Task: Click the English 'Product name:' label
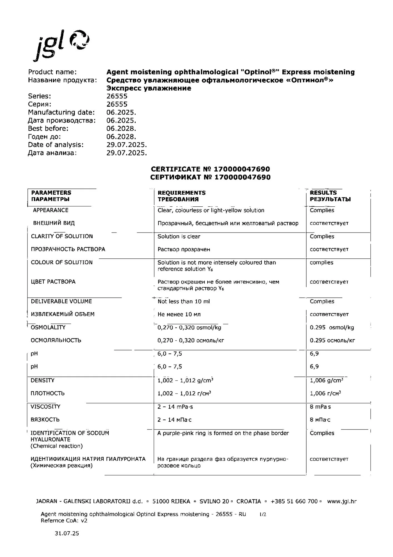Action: click(52, 72)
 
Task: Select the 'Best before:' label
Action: click(48, 129)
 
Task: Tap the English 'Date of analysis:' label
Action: click(56, 145)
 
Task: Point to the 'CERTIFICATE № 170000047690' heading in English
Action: click(210, 169)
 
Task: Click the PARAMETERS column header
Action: click(51, 193)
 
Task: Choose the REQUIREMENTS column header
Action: click(181, 193)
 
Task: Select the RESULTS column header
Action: click(323, 193)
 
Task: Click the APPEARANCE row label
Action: click(51, 210)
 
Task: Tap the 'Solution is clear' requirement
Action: click(179, 236)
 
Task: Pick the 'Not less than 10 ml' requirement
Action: click(183, 301)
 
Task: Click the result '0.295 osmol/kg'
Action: click(332, 328)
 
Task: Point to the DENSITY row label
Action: click(43, 380)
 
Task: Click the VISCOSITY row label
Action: click(45, 407)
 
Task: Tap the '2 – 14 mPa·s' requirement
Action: click(175, 407)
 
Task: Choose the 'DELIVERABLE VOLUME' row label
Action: click(61, 301)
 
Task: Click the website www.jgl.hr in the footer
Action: click(342, 502)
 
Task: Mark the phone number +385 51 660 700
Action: click(294, 502)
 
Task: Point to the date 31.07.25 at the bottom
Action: click(67, 533)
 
